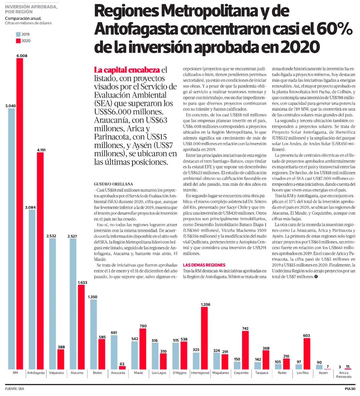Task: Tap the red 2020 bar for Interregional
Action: coord(204,338)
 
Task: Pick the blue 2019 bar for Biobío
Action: coord(94,334)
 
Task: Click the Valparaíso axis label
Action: coord(56,373)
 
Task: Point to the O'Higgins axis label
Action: coord(180,373)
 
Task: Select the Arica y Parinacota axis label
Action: coord(343,374)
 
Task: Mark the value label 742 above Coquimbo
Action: coord(246,329)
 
